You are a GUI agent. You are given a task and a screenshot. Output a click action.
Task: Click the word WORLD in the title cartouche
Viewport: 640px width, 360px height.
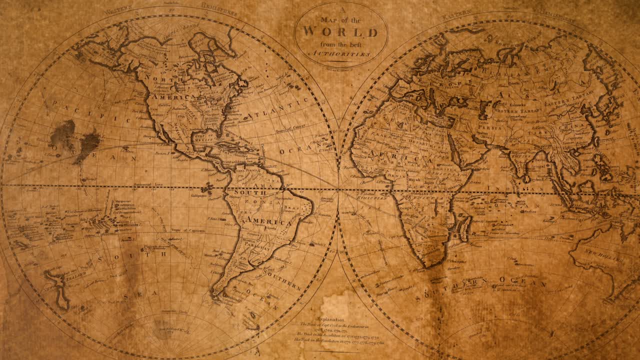pos(340,32)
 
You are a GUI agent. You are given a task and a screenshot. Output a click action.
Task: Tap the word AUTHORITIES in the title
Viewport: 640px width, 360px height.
pos(341,53)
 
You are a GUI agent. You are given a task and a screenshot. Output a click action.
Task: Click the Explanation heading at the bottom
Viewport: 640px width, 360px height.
pos(330,319)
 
